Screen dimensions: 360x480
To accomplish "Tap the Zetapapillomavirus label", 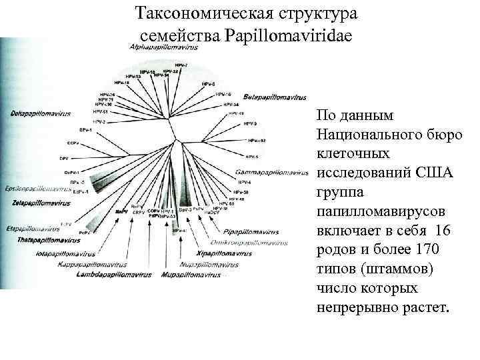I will [38, 201].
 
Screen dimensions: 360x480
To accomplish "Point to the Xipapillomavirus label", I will [223, 254].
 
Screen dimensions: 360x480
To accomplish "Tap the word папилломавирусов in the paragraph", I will [377, 211].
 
